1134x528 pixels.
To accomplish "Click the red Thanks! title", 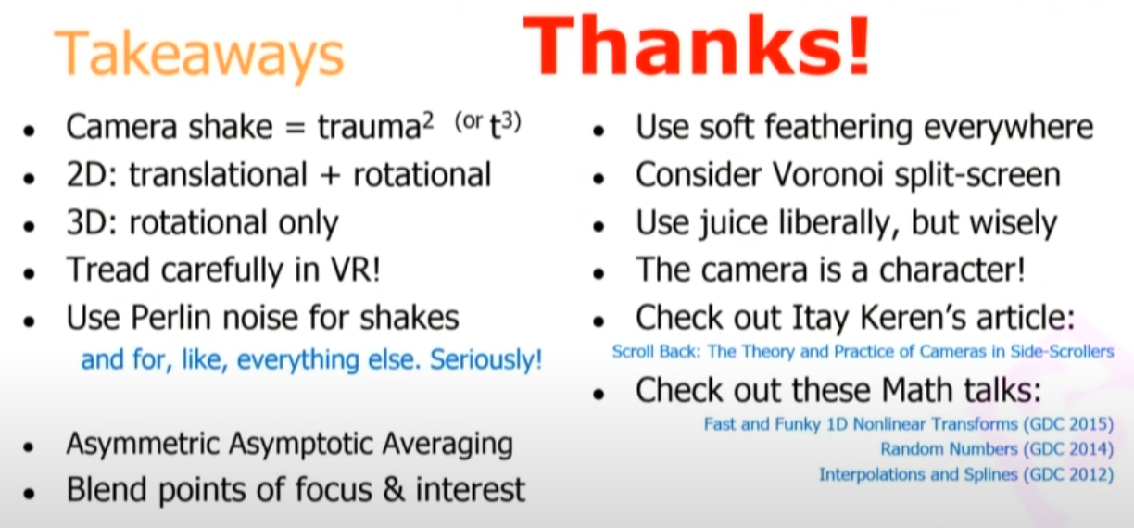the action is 697,45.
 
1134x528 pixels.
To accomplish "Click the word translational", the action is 219,175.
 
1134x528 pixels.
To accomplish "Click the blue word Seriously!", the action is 486,360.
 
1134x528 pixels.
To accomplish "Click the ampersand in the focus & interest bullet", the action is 394,489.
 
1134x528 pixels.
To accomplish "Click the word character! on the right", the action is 952,270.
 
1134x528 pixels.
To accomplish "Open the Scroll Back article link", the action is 863,351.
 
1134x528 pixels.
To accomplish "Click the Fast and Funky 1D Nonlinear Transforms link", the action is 909,423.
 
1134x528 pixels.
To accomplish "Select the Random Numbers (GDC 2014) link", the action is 997,449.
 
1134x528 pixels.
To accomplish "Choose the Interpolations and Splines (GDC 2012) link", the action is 967,475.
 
